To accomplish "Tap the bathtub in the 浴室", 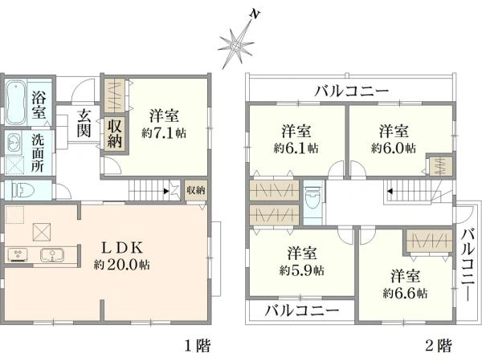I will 15,103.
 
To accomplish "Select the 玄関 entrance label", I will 83,124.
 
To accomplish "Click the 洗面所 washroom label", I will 39,149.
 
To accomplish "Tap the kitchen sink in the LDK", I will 53,256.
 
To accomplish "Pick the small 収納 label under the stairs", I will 195,191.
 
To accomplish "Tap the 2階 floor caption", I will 438,347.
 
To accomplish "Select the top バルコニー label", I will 352,90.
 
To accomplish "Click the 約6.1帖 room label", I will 296,148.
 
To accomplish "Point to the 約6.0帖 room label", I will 394,148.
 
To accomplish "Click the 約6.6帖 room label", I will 406,294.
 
